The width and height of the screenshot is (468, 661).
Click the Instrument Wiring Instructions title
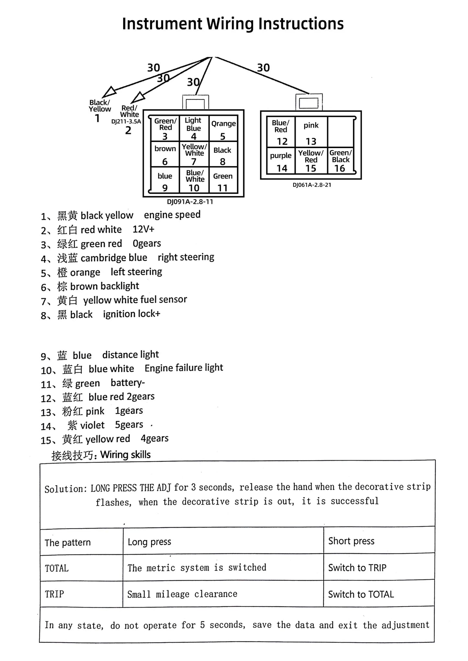(x=233, y=24)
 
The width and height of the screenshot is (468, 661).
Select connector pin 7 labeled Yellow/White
(x=194, y=154)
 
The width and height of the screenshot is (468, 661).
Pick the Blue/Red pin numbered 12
(x=281, y=132)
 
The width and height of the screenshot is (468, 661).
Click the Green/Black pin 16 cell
(x=340, y=160)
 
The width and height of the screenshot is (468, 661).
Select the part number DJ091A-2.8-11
(x=190, y=202)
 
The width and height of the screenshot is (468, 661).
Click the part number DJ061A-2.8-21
(x=312, y=185)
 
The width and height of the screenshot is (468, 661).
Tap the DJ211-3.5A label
(x=126, y=122)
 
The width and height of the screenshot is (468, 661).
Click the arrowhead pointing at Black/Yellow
(x=109, y=92)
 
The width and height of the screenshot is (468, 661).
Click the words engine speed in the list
(x=172, y=215)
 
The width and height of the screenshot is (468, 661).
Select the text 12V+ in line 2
(x=143, y=229)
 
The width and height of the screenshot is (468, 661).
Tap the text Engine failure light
(x=184, y=368)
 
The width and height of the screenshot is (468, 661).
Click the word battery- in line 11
(x=128, y=383)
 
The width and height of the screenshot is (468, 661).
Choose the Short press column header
(x=351, y=541)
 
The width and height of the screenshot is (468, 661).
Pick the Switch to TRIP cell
(x=357, y=568)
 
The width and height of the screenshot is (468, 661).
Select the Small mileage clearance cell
(x=182, y=594)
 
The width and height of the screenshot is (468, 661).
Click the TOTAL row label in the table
(x=57, y=568)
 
